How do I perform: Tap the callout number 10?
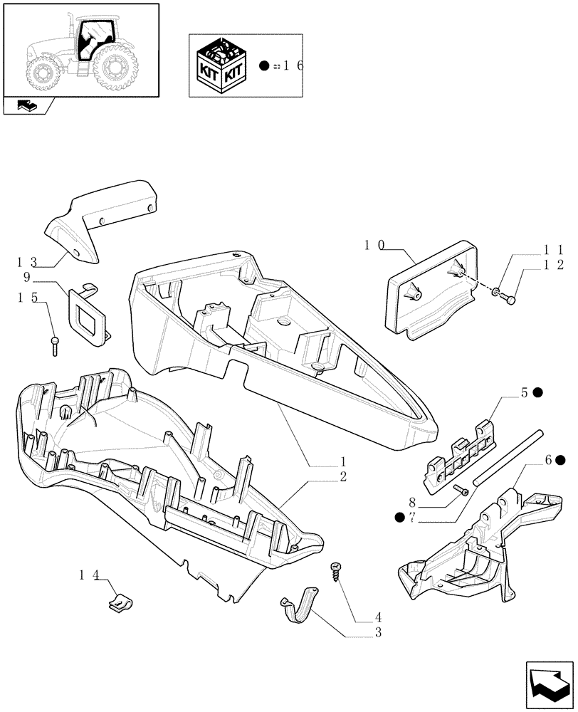pyautogui.click(x=374, y=245)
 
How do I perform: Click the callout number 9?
pyautogui.click(x=46, y=278)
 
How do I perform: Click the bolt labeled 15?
pyautogui.click(x=56, y=346)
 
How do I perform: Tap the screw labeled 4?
pyautogui.click(x=335, y=571)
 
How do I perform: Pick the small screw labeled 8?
pyautogui.click(x=461, y=489)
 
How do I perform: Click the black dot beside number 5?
pyautogui.click(x=537, y=392)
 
